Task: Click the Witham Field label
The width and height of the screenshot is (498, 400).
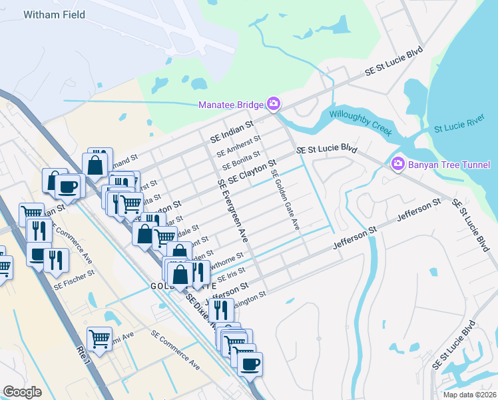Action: (x=54, y=15)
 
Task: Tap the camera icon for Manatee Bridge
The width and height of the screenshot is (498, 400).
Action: (x=273, y=104)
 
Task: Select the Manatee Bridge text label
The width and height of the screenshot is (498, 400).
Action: (x=231, y=105)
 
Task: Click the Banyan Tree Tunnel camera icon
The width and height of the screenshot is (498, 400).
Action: (x=398, y=163)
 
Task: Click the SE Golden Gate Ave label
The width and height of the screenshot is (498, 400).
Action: (x=284, y=199)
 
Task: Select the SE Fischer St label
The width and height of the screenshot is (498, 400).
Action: (x=75, y=278)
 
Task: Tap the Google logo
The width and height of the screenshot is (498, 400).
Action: (x=22, y=392)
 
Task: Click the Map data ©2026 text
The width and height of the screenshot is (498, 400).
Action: (x=469, y=395)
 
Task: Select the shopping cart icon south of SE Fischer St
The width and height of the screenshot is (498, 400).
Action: (x=99, y=338)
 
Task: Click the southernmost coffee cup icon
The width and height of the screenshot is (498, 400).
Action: (x=250, y=364)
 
